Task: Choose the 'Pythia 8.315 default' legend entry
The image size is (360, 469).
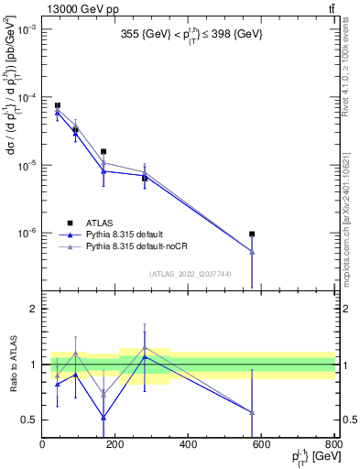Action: click(129, 235)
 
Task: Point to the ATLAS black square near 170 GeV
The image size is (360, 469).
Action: click(104, 152)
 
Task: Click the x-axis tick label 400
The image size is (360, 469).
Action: click(188, 445)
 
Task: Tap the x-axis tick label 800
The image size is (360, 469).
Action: click(333, 445)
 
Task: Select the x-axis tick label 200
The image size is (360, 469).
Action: click(115, 445)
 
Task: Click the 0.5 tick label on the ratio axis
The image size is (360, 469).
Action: click(28, 420)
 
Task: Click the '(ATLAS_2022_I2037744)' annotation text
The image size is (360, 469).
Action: click(189, 274)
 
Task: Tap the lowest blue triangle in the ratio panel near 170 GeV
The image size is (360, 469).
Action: click(104, 418)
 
